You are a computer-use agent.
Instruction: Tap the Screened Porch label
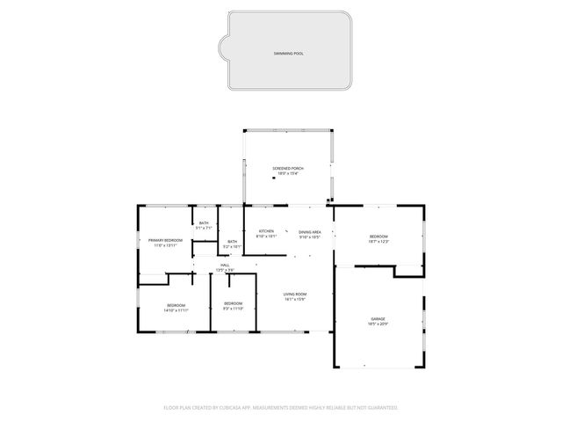click(288, 168)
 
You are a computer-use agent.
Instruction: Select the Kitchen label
click(266, 231)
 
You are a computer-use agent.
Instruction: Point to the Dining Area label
click(309, 231)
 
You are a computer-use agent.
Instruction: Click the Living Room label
click(294, 294)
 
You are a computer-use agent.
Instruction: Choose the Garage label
click(377, 319)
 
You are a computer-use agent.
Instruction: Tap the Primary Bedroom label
click(165, 240)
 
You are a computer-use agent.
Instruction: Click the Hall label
click(225, 265)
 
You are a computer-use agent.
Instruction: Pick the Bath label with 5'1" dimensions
click(204, 223)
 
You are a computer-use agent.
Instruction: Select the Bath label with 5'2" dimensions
click(232, 242)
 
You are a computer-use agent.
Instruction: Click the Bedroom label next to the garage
click(378, 236)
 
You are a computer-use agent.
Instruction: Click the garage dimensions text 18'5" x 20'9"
click(377, 324)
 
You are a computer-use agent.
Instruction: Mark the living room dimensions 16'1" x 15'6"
click(294, 300)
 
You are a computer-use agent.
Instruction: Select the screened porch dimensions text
click(288, 173)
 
